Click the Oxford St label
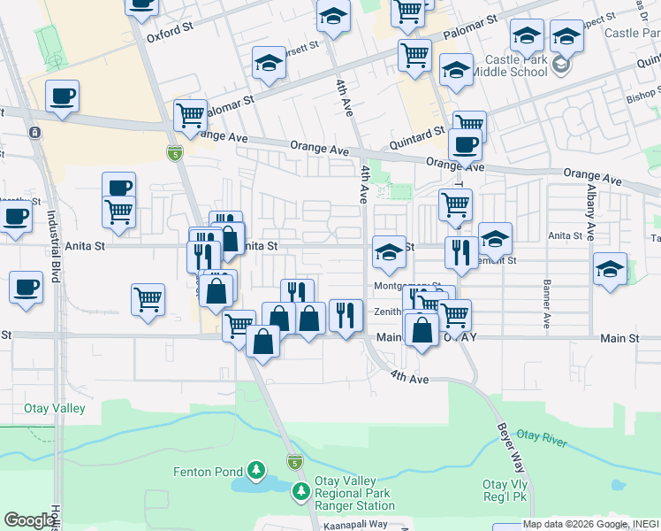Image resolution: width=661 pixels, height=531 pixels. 170,27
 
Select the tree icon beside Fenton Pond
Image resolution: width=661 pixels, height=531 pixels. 256,469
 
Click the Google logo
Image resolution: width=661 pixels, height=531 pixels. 29,520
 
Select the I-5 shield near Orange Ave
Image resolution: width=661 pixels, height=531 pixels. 172,154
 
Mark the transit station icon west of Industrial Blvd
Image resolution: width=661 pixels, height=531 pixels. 34,133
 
